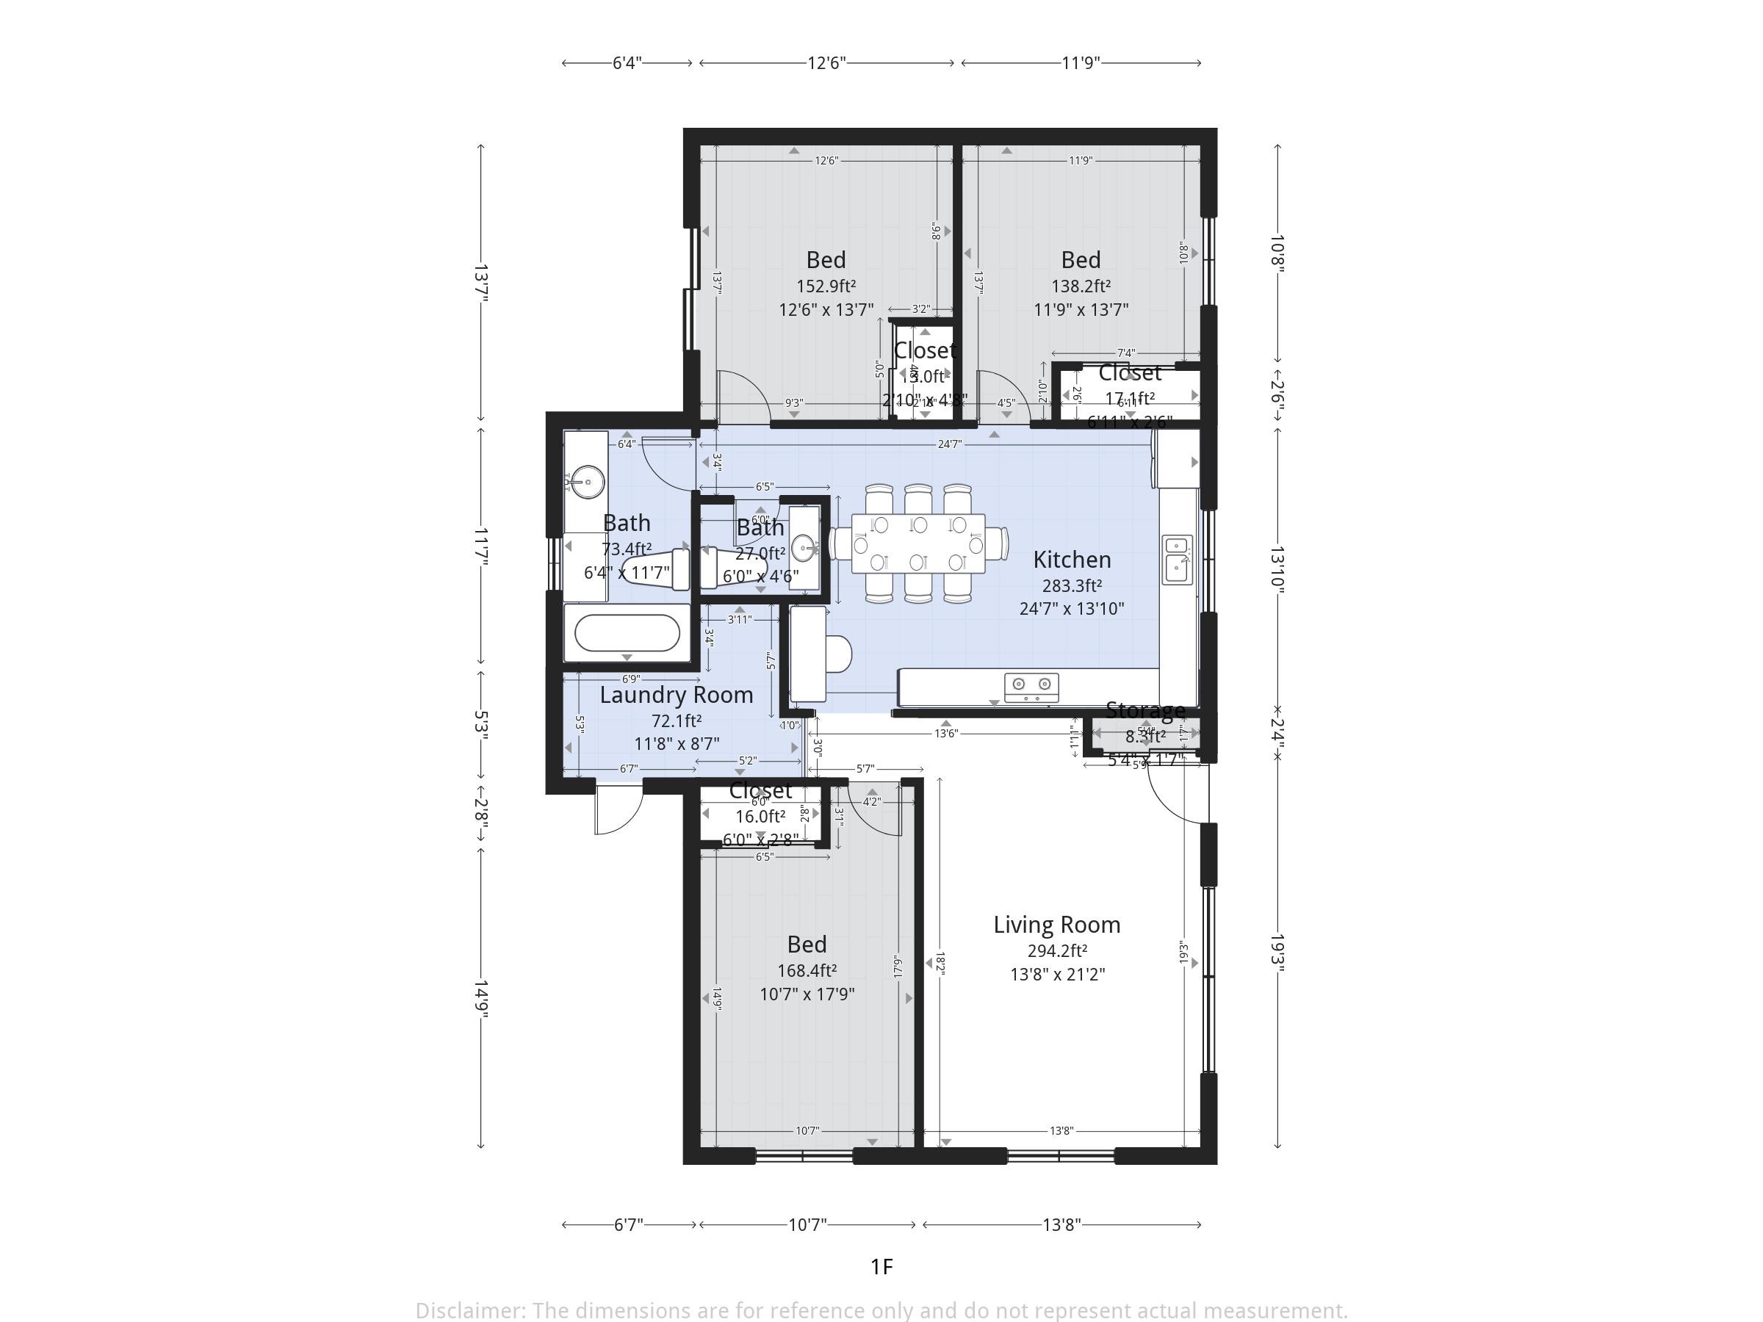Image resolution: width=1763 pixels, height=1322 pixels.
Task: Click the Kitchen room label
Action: [x=1071, y=560]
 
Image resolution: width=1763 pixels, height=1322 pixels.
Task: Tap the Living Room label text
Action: [x=1056, y=925]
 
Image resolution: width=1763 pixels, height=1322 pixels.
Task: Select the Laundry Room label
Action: [x=676, y=695]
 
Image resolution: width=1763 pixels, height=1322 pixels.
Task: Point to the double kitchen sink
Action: [x=1176, y=559]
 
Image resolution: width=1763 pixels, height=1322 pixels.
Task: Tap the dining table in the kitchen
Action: [x=918, y=543]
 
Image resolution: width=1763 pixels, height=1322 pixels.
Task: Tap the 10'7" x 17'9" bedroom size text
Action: [x=807, y=994]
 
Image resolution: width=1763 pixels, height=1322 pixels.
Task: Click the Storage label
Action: [x=1144, y=710]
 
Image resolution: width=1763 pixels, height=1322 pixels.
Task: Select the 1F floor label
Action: [x=881, y=1266]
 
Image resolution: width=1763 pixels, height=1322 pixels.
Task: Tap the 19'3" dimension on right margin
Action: [x=1277, y=953]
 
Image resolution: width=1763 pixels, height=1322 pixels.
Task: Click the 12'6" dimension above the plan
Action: [x=826, y=63]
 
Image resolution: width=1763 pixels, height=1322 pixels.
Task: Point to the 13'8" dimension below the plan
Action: [x=1061, y=1224]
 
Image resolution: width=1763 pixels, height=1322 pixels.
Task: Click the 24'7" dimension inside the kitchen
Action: [x=948, y=444]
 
